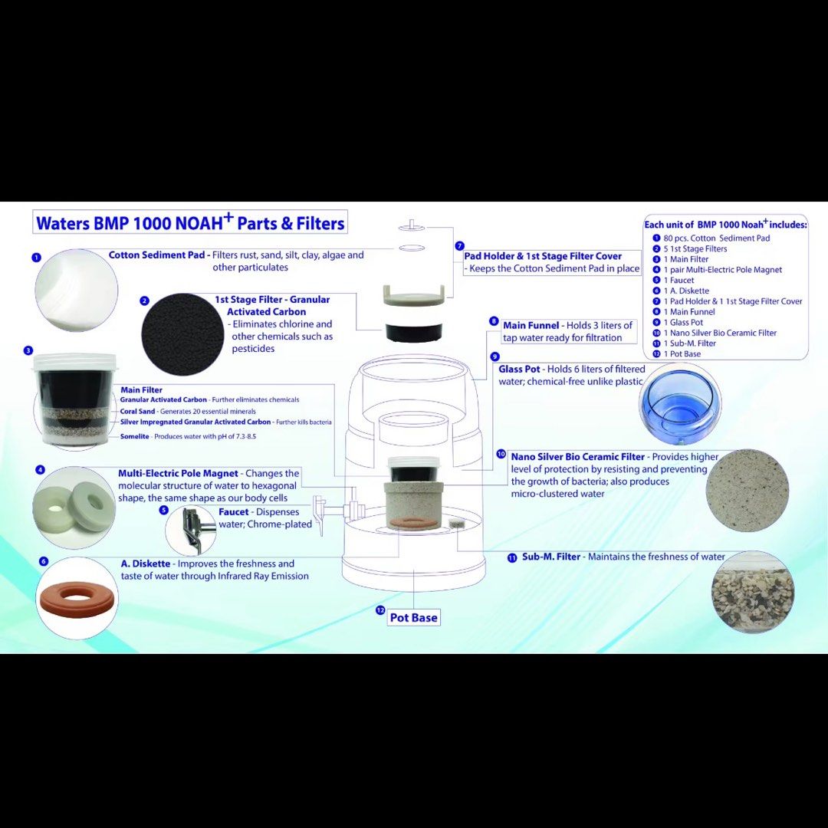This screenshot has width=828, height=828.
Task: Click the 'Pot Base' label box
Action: [x=414, y=618]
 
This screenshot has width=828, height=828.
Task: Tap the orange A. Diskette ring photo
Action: [x=76, y=597]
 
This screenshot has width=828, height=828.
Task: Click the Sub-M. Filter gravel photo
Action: [x=752, y=591]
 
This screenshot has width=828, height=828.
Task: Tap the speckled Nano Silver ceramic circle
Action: [x=746, y=490]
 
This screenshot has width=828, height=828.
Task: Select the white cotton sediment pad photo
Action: [x=77, y=291]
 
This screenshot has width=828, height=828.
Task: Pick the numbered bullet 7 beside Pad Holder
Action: [x=459, y=246]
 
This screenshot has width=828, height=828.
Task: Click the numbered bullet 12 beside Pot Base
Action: [x=379, y=610]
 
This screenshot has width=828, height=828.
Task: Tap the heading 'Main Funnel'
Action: [x=531, y=326]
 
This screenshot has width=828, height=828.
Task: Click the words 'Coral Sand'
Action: [x=136, y=411]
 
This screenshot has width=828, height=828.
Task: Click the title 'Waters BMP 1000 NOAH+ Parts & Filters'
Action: [x=190, y=223]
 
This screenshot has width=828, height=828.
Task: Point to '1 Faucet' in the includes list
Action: [x=678, y=281]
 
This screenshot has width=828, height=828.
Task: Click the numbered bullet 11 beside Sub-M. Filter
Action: [x=512, y=558]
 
